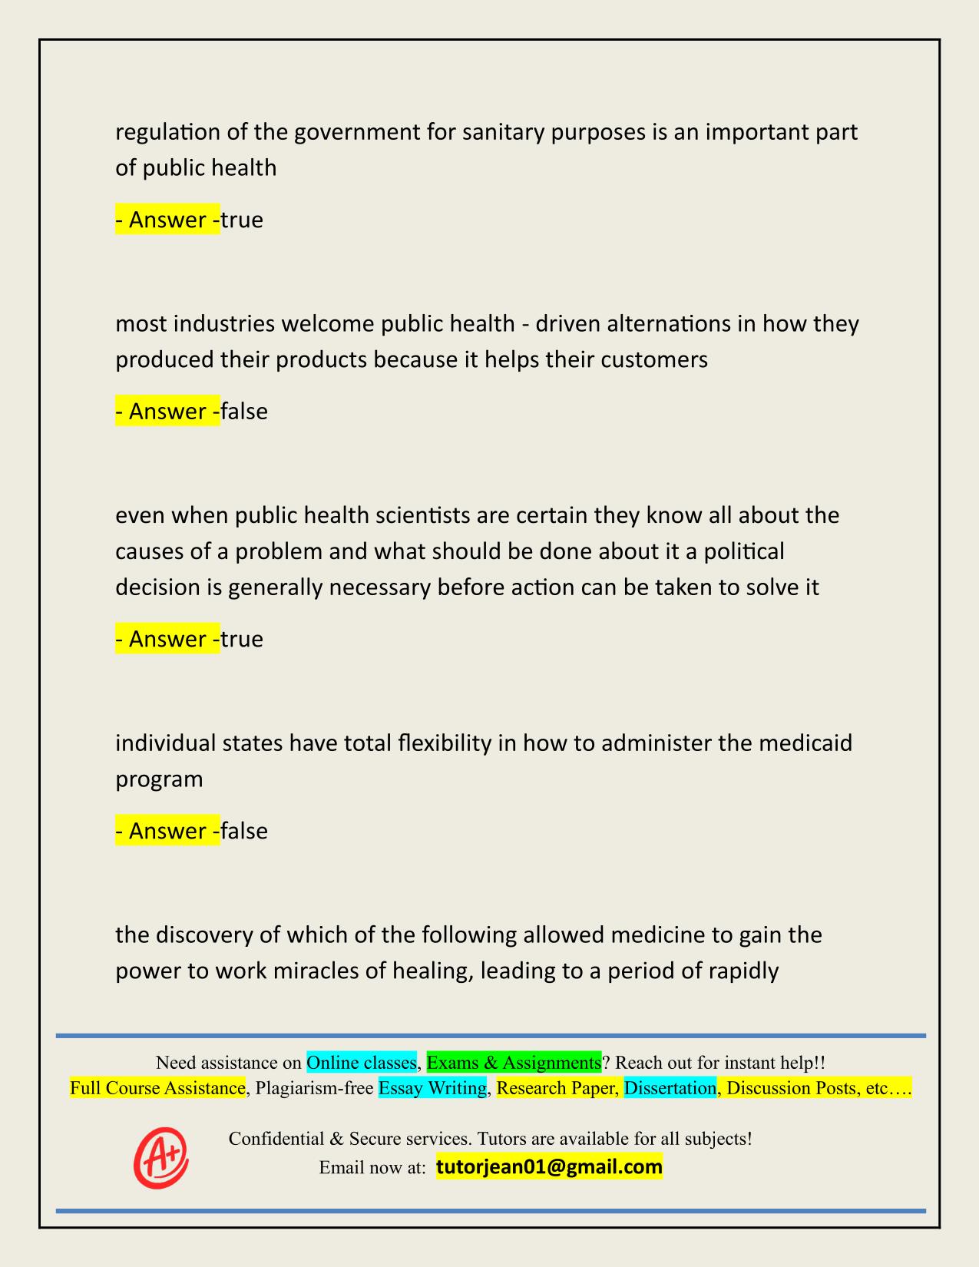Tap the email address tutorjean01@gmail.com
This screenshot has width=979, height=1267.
[549, 1167]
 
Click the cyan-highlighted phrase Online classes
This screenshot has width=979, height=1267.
[361, 1063]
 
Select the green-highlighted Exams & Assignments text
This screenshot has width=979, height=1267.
[514, 1063]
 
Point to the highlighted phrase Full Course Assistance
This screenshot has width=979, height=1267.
[157, 1088]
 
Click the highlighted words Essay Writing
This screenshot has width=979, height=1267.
[432, 1088]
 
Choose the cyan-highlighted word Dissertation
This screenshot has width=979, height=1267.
[670, 1088]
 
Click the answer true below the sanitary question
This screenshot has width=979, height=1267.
[242, 220]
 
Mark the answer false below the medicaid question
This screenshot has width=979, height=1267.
[244, 831]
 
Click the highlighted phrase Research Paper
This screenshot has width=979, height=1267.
[557, 1088]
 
